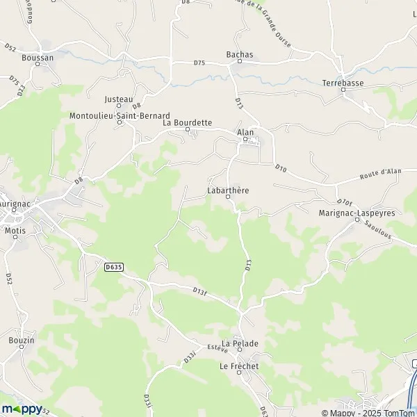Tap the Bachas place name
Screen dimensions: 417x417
[240, 54]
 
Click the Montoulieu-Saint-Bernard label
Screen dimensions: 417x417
[120, 115]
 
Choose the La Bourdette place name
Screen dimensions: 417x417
[187, 122]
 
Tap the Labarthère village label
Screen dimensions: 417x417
[228, 189]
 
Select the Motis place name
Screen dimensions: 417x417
[15, 229]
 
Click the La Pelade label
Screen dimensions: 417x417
[240, 344]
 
